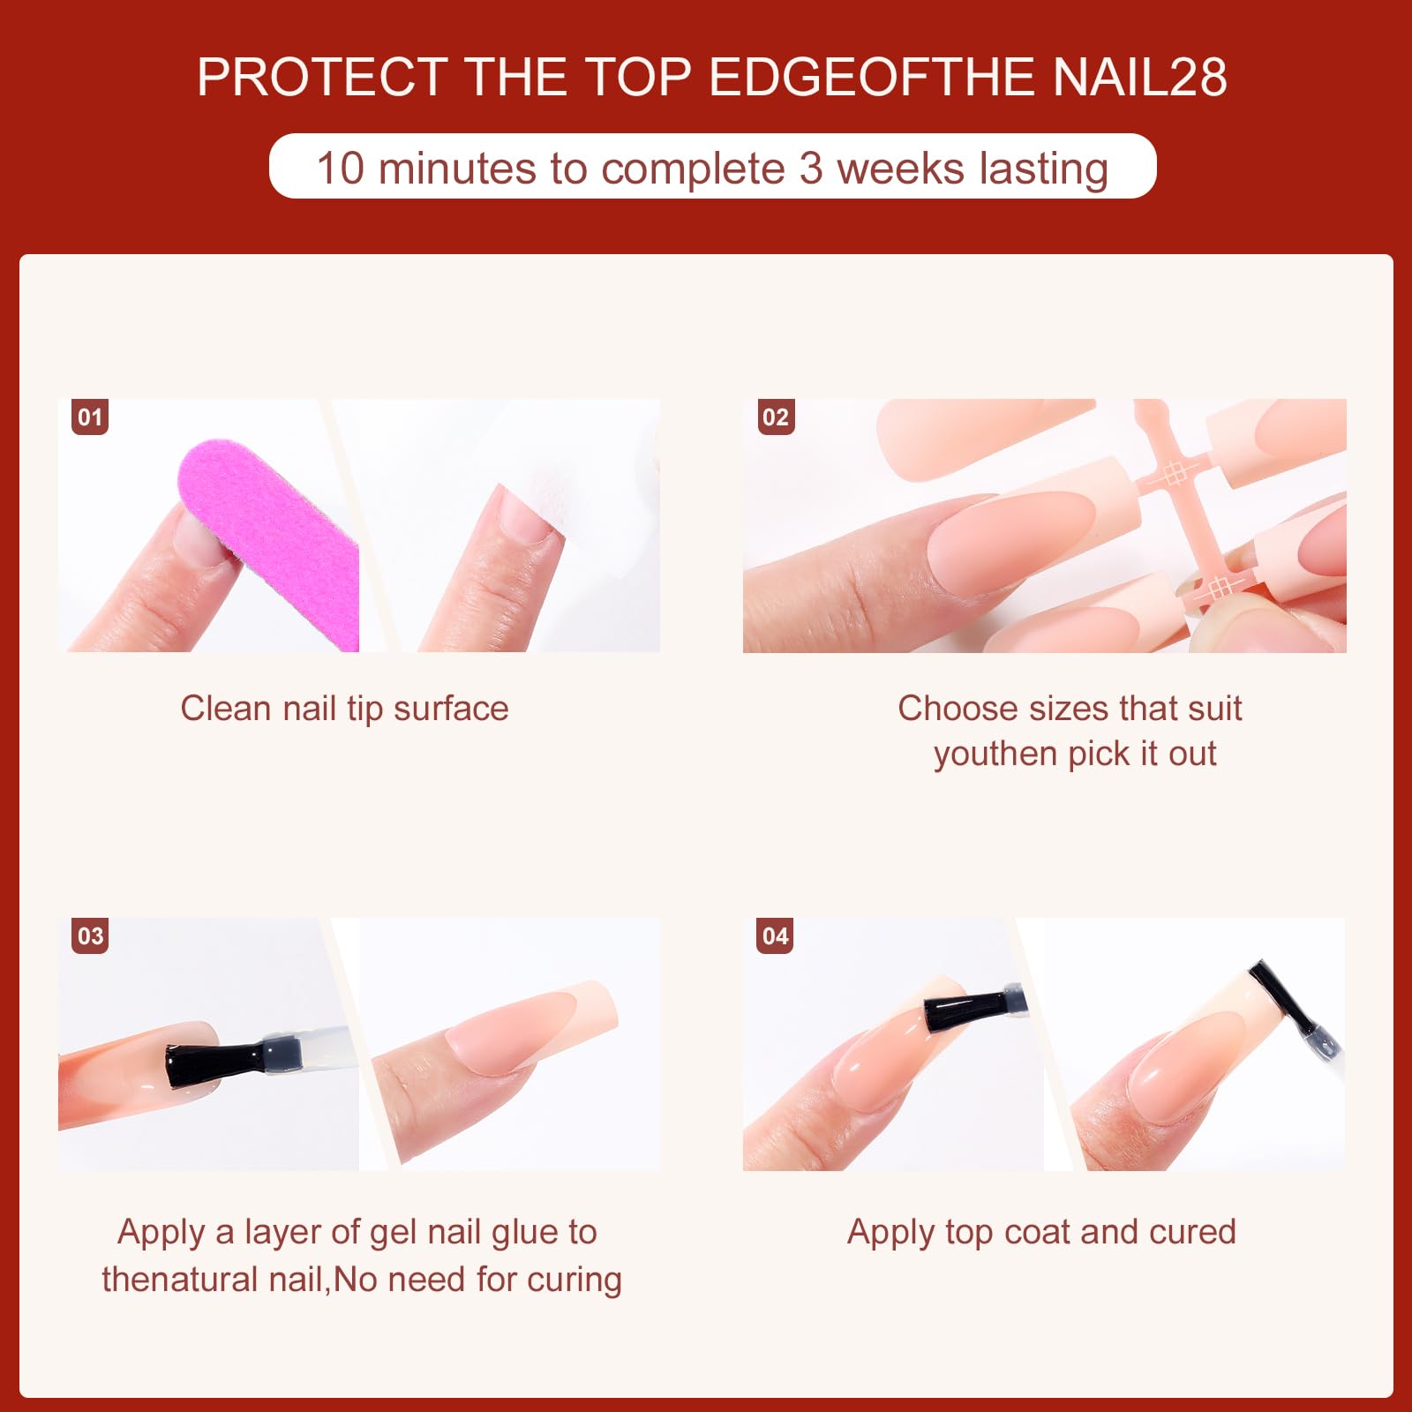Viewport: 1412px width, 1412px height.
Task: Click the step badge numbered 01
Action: [90, 417]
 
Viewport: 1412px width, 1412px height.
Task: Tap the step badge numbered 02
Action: [776, 417]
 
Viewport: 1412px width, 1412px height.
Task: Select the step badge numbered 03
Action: [90, 935]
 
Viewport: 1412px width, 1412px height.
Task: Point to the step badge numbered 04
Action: [776, 935]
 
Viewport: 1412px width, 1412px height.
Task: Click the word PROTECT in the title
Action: [323, 77]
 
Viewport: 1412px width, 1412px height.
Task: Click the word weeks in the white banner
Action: [901, 168]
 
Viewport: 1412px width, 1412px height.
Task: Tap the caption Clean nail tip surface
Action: [345, 709]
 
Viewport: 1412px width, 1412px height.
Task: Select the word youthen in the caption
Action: [995, 755]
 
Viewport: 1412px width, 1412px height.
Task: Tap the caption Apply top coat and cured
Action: [1042, 1232]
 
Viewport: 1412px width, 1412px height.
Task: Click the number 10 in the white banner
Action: [341, 168]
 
